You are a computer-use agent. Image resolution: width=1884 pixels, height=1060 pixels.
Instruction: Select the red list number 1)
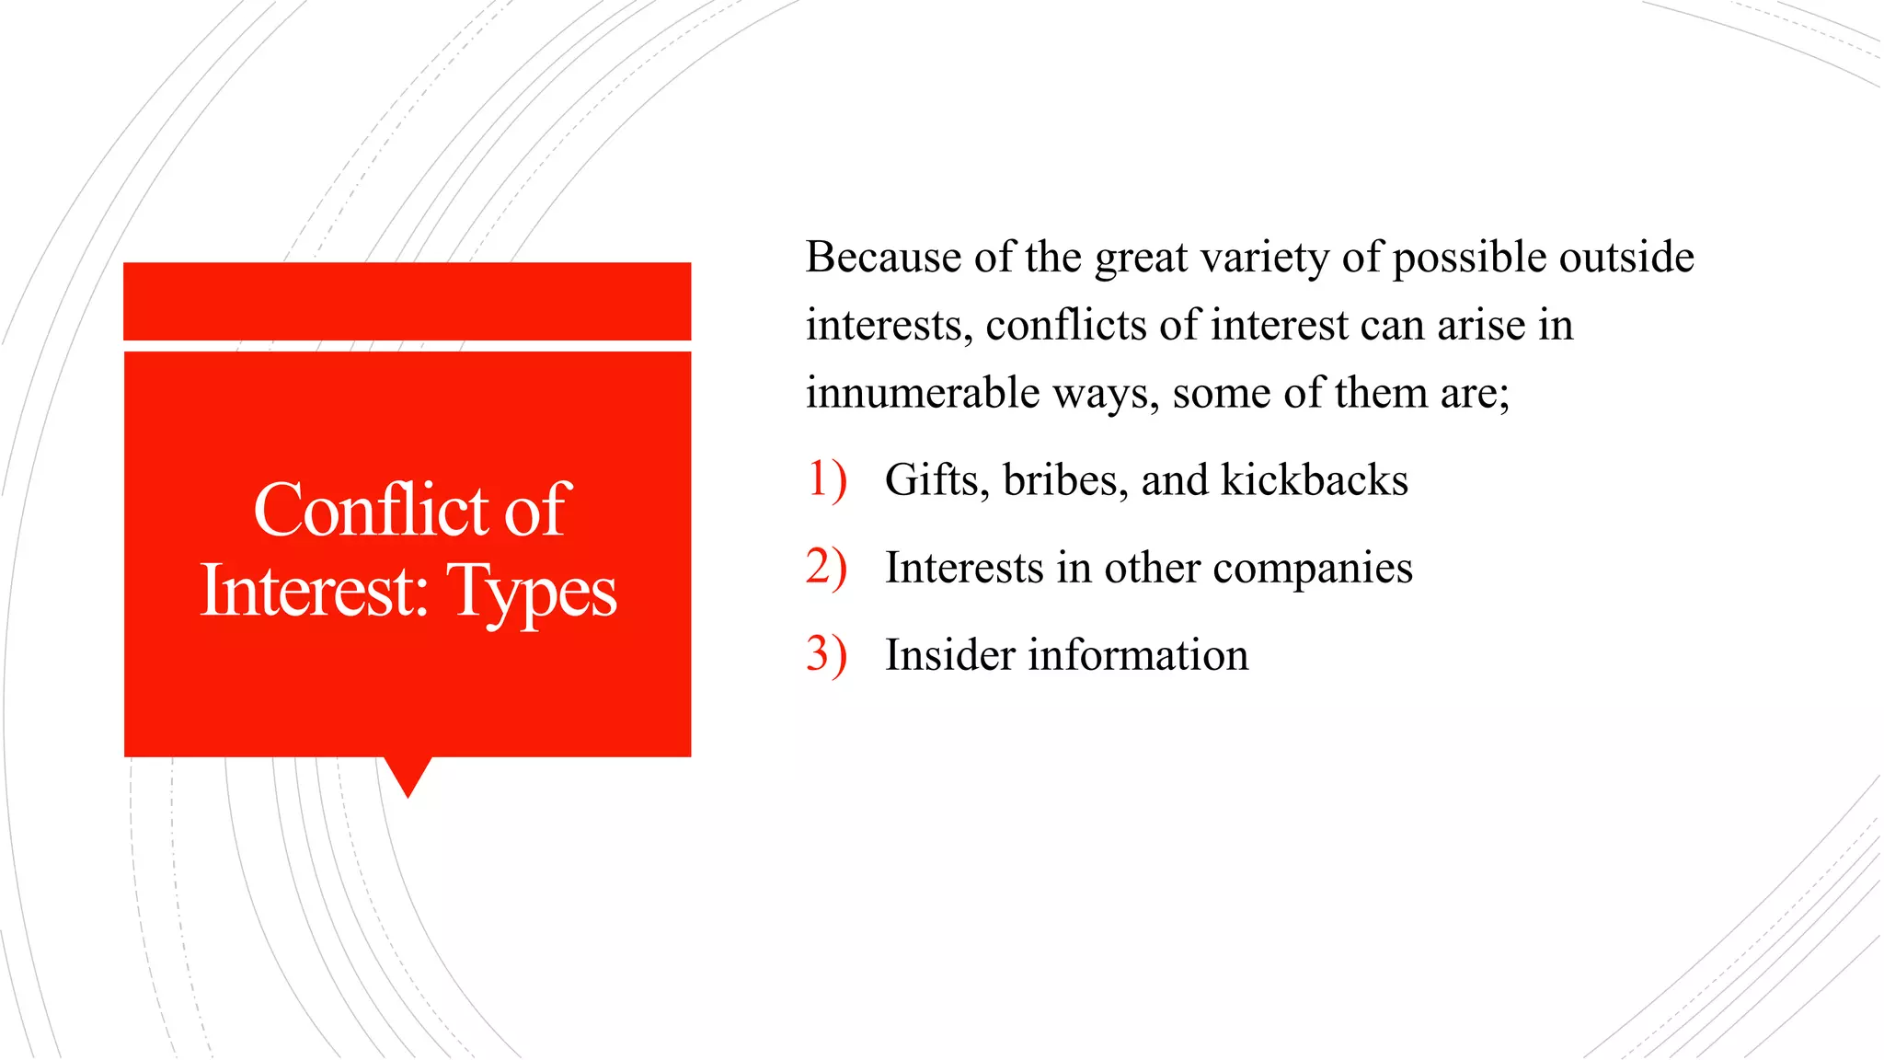click(825, 479)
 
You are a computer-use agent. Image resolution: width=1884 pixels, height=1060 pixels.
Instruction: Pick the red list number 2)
click(825, 567)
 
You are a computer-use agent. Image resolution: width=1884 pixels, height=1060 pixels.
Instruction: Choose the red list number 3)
click(825, 654)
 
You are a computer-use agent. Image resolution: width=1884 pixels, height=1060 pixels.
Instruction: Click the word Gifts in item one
click(936, 479)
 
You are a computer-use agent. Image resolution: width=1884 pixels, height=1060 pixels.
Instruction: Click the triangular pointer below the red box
click(408, 775)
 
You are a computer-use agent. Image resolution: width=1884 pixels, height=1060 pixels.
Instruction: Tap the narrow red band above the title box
click(407, 301)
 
